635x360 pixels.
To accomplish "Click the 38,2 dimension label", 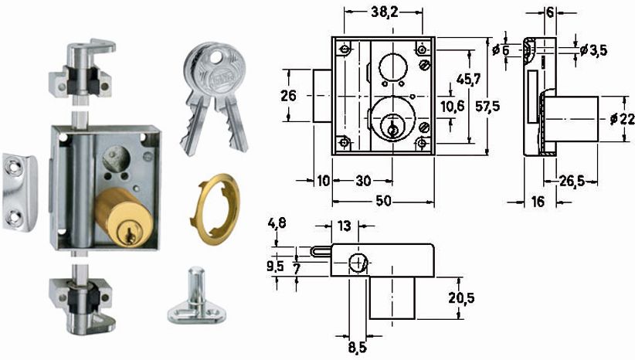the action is tap(384, 12).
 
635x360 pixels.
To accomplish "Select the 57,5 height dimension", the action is tap(487, 107).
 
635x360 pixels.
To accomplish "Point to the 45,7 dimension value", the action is tap(468, 79).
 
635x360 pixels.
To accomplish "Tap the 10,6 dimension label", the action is tap(453, 107).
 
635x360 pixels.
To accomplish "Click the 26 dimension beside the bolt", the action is tap(288, 96).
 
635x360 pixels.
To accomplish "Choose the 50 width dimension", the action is tap(383, 201).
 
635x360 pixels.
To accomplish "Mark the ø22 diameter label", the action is tap(623, 119).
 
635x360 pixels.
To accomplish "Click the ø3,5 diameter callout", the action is tap(593, 50).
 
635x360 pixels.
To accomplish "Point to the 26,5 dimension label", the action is tap(572, 181).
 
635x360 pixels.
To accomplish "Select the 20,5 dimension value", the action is tap(461, 298).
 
